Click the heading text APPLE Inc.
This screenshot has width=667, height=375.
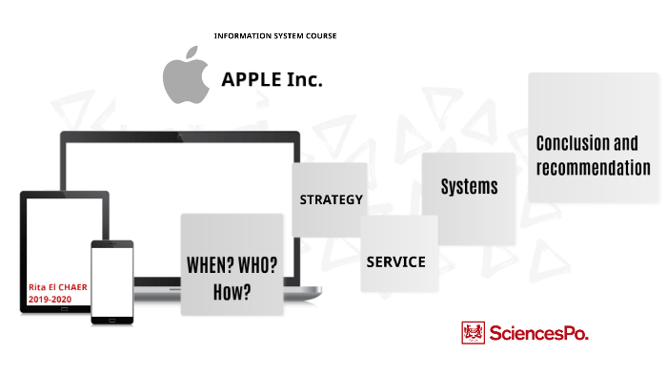click(272, 80)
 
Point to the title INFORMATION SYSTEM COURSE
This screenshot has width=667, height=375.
click(275, 36)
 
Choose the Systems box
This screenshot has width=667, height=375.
click(469, 187)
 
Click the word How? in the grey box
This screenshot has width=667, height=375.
click(232, 292)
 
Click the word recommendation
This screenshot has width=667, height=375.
click(593, 168)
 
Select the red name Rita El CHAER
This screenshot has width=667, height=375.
click(56, 285)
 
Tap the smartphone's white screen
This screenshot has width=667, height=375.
click(112, 281)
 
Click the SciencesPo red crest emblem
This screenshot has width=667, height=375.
click(472, 333)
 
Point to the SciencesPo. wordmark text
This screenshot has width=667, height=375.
click(538, 333)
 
